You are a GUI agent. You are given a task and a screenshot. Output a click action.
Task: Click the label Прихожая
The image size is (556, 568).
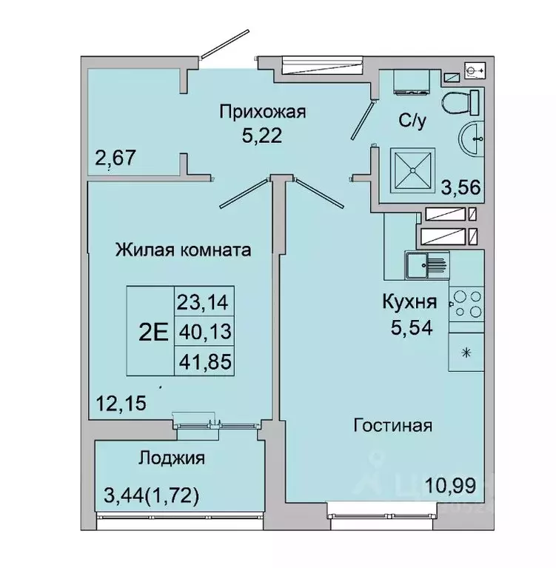click(262, 113)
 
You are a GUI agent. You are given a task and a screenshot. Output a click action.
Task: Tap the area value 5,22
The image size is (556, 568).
click(262, 136)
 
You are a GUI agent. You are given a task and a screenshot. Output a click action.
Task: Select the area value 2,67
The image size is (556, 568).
click(113, 158)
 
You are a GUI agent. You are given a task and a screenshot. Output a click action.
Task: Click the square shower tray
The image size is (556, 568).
click(414, 168)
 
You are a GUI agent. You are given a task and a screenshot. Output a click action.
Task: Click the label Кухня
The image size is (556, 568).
click(409, 301)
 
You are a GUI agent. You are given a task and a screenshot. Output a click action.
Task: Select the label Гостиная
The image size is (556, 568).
click(392, 426)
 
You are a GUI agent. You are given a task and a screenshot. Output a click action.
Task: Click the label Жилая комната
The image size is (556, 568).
click(183, 250)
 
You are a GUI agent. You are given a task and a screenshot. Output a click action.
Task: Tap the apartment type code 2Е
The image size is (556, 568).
click(153, 331)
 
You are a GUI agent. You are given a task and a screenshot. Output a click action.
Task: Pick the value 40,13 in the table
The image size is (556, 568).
click(204, 331)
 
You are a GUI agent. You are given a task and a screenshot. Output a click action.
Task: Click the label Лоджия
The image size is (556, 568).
click(171, 458)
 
